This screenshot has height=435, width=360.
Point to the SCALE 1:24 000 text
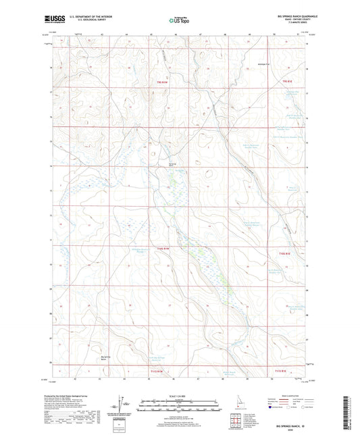(x=179, y=395)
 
